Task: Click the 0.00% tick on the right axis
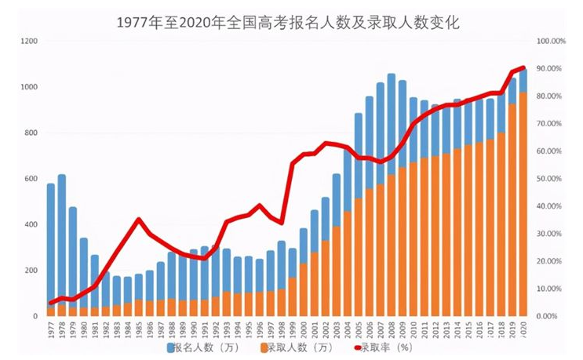551,316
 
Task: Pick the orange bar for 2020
523,204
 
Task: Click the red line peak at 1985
139,220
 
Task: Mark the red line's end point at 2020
523,67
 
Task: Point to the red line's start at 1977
51,303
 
